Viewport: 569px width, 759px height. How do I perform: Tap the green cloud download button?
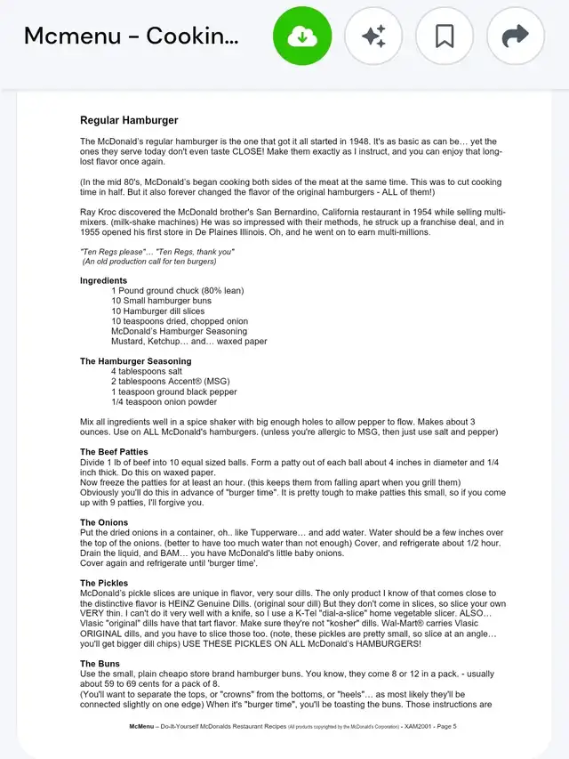pos(302,36)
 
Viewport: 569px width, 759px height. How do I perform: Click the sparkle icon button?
pos(373,36)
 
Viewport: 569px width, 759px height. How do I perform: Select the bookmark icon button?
pos(445,36)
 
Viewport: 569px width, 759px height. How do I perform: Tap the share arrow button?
pos(516,36)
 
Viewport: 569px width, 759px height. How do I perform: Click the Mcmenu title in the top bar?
pos(131,36)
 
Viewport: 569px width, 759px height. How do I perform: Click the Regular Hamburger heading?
pos(129,120)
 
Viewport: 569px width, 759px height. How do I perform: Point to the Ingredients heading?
pos(103,280)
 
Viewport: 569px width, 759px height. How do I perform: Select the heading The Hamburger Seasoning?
pos(135,361)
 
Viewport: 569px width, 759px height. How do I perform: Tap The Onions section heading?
pos(105,522)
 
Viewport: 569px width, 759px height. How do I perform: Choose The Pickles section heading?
pos(104,583)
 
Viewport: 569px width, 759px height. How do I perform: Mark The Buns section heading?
pos(100,664)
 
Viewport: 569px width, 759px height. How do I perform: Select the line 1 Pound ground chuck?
pos(177,291)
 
